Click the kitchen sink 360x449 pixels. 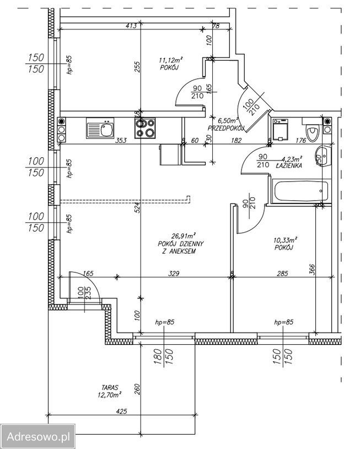pyautogui.click(x=100, y=128)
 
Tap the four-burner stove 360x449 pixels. pyautogui.click(x=145, y=128)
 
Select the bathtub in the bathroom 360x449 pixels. pyautogui.click(x=301, y=191)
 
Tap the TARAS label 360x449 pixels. pyautogui.click(x=110, y=388)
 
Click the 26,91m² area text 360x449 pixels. pyautogui.click(x=184, y=236)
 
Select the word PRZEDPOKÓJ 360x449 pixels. pyautogui.click(x=226, y=128)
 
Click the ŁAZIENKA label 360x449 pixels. pyautogui.click(x=289, y=165)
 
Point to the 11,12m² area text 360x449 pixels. pyautogui.click(x=171, y=60)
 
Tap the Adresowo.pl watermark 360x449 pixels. pyautogui.click(x=38, y=437)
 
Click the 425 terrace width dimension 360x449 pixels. pyautogui.click(x=122, y=411)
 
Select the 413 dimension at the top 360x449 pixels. pyautogui.click(x=131, y=26)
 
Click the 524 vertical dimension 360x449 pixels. pyautogui.click(x=137, y=207)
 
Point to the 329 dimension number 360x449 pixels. pyautogui.click(x=174, y=274)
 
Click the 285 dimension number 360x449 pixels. pyautogui.click(x=282, y=274)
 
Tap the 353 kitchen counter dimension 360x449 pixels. pyautogui.click(x=121, y=141)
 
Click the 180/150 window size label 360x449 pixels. pyautogui.click(x=163, y=356)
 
